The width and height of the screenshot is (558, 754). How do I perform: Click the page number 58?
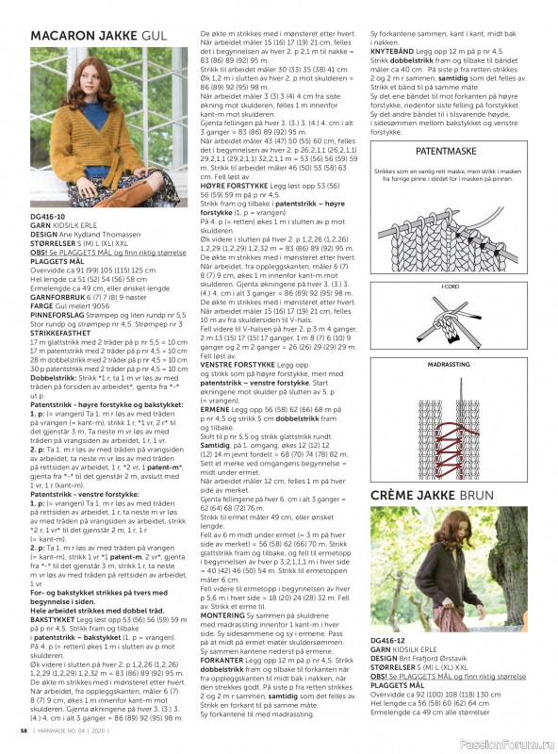(x=22, y=730)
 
